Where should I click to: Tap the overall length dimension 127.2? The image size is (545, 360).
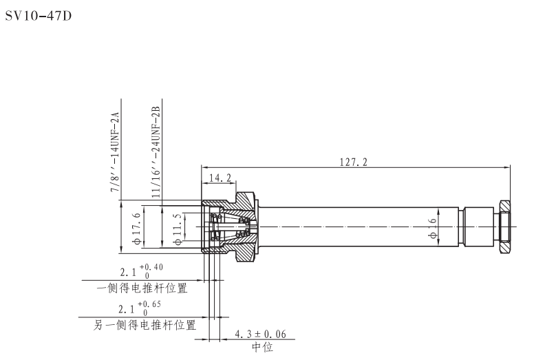[354, 162]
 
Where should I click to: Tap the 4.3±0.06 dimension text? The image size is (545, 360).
[260, 335]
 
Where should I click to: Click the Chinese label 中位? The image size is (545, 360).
[261, 348]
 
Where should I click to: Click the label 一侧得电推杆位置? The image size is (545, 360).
[141, 288]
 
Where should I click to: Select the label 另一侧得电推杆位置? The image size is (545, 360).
[145, 324]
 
